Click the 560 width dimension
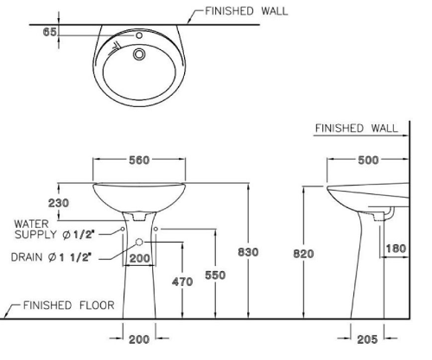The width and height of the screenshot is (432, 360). click(x=139, y=161)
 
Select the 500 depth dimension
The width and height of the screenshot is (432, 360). click(x=368, y=161)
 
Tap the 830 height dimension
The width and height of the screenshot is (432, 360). click(x=248, y=252)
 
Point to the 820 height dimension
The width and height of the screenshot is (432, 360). click(x=303, y=254)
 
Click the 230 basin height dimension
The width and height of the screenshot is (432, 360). click(x=59, y=203)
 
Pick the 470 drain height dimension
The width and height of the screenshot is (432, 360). click(x=182, y=281)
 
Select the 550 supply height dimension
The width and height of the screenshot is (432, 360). click(x=215, y=275)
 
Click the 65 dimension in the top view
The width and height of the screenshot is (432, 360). click(x=49, y=32)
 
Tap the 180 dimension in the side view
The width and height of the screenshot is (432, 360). click(x=396, y=249)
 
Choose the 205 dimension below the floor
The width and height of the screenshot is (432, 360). click(x=367, y=339)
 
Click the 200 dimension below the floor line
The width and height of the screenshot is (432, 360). click(x=139, y=339)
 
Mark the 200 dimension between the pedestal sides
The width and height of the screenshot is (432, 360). click(x=140, y=258)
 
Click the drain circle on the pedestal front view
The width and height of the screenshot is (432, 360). click(x=139, y=242)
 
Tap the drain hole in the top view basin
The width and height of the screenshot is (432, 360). click(x=139, y=54)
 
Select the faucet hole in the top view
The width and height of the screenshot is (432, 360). click(x=139, y=35)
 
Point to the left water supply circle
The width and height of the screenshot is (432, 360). click(x=123, y=229)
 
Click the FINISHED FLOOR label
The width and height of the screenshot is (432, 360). click(x=69, y=306)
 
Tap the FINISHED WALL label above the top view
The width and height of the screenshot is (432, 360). click(x=246, y=11)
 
